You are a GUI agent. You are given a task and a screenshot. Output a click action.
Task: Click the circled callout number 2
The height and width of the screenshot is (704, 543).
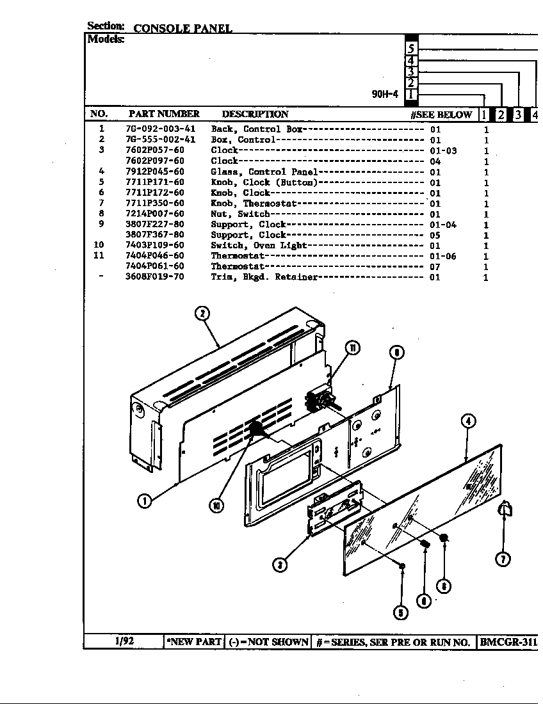[202, 313]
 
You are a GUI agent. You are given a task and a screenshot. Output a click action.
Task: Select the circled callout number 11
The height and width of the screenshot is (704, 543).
[352, 348]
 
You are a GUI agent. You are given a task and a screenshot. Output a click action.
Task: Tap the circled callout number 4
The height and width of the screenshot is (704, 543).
[469, 420]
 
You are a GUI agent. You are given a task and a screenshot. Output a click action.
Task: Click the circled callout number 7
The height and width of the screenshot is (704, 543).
[503, 559]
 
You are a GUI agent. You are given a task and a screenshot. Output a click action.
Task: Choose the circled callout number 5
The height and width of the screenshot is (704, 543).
[401, 612]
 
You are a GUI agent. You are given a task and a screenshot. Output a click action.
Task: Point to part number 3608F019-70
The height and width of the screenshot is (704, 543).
[154, 277]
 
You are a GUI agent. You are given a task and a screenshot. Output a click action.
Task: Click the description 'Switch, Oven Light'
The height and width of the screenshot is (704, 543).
[259, 246]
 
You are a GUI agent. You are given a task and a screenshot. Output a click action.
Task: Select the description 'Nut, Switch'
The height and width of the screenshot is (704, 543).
[240, 214]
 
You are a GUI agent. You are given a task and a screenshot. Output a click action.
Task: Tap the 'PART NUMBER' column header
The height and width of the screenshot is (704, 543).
[164, 114]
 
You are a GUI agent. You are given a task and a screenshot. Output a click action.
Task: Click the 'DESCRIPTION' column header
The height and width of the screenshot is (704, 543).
[255, 114]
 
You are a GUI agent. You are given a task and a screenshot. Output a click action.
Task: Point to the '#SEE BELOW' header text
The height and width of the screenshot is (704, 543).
[441, 115]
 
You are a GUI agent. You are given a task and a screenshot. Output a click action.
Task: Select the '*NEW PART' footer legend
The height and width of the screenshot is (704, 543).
[194, 642]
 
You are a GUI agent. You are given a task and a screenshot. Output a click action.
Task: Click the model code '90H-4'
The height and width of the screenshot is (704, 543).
[385, 94]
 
